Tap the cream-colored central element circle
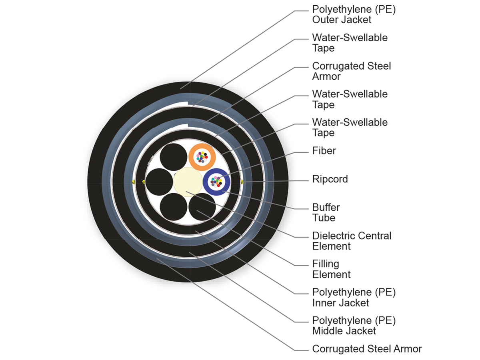click(187, 182)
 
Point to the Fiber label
click(324, 151)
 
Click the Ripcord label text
click(330, 179)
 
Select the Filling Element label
click(331, 269)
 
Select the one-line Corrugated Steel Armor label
click(367, 349)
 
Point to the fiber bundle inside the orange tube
click(202, 156)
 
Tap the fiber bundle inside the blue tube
click(216, 182)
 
